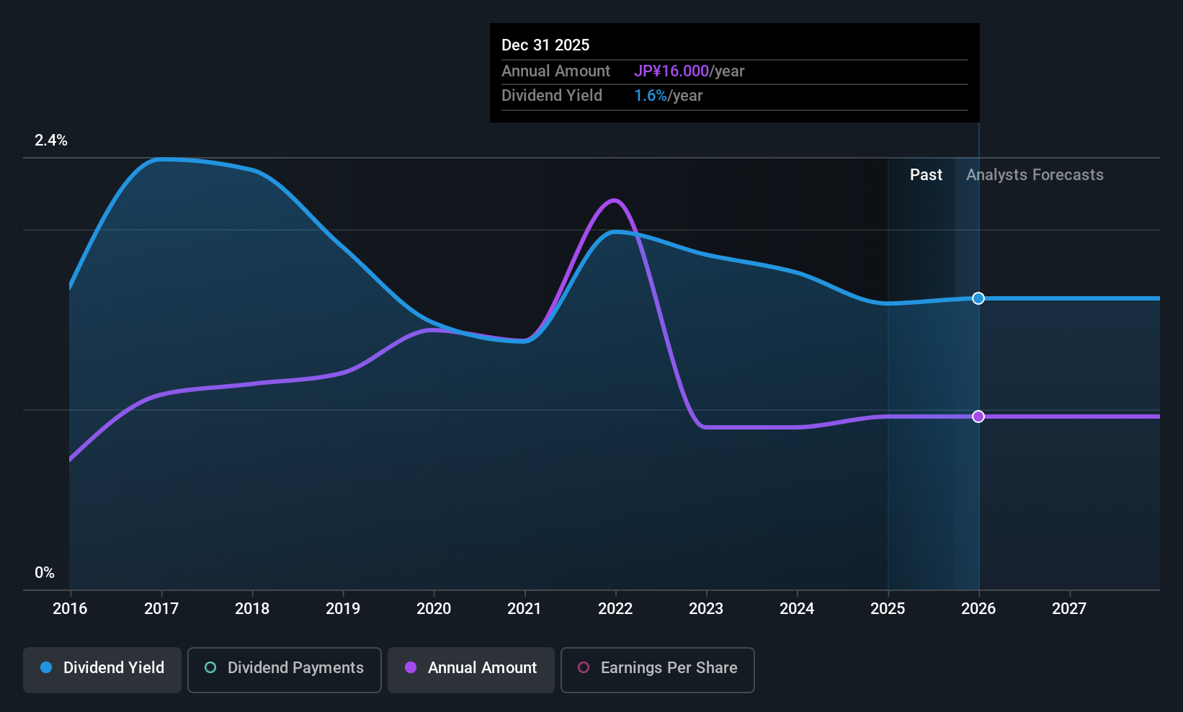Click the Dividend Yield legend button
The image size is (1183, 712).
102,668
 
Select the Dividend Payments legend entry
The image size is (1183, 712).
285,668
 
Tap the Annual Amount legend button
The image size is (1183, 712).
471,668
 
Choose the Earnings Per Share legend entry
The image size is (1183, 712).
657,668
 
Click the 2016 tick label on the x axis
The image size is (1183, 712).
70,609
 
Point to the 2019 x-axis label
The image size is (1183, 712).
343,609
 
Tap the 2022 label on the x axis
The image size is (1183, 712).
615,609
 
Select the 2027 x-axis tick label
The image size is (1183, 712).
1069,609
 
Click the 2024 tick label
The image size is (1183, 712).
797,609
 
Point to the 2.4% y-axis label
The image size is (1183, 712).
51,141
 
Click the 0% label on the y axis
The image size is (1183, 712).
45,573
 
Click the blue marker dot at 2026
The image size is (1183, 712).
978,298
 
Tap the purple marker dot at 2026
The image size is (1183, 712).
978,417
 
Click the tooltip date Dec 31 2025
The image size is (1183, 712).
545,45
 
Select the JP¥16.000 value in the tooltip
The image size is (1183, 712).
671,71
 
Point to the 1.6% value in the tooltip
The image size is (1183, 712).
651,96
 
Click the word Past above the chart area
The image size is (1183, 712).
926,175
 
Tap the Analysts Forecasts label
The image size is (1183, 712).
1035,175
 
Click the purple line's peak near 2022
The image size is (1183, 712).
614,200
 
